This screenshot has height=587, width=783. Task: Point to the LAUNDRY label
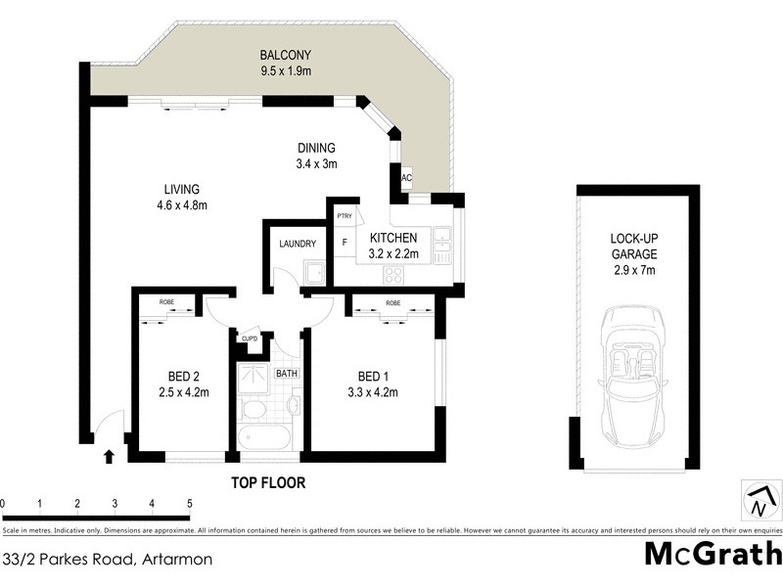[297, 244]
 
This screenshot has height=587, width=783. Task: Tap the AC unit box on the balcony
[406, 179]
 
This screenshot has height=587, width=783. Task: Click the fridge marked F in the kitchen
[344, 243]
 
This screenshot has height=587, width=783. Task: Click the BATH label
[287, 373]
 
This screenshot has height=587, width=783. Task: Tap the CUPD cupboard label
[250, 339]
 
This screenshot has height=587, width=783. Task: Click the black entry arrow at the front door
[109, 455]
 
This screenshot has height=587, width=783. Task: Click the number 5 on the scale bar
[189, 504]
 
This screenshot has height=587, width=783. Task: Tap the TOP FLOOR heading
[267, 482]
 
